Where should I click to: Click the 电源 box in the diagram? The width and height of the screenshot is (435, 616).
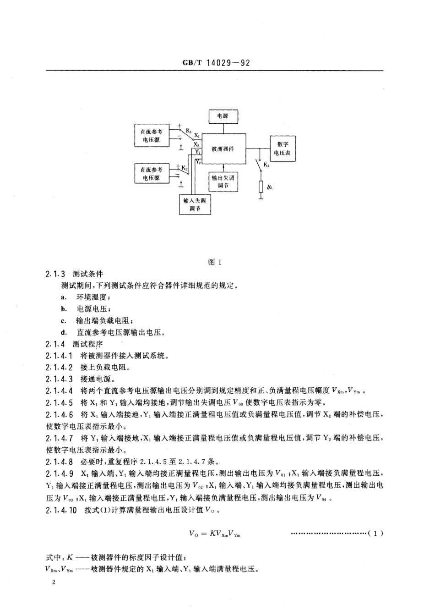click(x=222, y=116)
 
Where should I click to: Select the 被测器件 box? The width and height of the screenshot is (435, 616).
click(x=223, y=149)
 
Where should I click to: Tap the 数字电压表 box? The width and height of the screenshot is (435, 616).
click(x=282, y=148)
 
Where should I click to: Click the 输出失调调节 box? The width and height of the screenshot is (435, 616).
click(x=223, y=181)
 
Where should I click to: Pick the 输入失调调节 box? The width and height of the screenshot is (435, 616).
click(x=195, y=204)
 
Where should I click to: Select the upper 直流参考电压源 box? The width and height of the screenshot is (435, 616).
click(x=151, y=135)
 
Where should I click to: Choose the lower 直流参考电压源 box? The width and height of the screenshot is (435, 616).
click(x=151, y=174)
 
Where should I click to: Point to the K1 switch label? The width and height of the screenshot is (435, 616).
click(x=189, y=131)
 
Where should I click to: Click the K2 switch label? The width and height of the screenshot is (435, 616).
click(x=185, y=169)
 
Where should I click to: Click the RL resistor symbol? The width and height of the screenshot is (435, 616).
click(x=261, y=187)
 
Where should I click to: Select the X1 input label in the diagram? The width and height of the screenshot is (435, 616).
click(x=196, y=136)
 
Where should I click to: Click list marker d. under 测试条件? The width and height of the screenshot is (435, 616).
click(x=64, y=332)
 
